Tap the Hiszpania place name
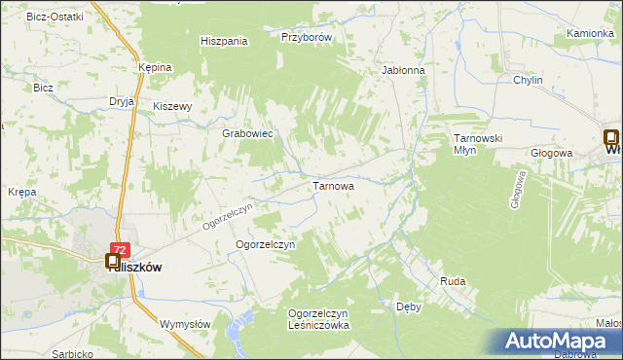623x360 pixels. point(224,41)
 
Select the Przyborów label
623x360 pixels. point(307,37)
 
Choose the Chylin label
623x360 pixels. point(528,81)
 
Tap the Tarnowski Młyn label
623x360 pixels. point(477,144)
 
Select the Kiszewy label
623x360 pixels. point(174,107)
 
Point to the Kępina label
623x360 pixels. point(155,67)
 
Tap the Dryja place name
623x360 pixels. point(122,100)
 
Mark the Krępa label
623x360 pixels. point(21,193)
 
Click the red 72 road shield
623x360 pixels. point(119,250)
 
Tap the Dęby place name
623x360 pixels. point(409,306)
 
